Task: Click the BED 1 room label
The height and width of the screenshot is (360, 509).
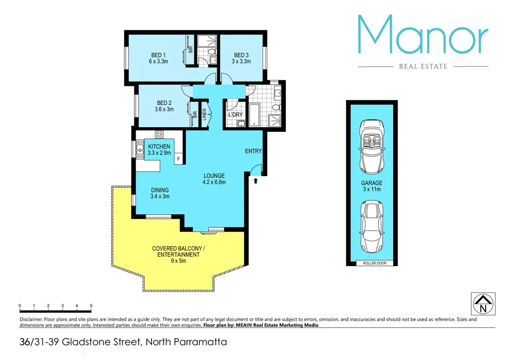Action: (x=158, y=55)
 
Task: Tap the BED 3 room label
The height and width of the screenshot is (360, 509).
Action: (x=241, y=55)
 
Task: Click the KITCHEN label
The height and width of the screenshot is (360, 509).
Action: (x=159, y=147)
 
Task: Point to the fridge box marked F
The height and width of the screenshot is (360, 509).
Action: (x=177, y=159)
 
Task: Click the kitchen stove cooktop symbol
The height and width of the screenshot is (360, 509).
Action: (x=160, y=134)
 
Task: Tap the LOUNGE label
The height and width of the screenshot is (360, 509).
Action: (x=214, y=176)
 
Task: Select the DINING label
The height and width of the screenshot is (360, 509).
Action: (x=160, y=190)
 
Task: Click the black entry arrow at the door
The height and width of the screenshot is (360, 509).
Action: (x=256, y=181)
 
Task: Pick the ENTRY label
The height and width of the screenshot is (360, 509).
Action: (x=253, y=151)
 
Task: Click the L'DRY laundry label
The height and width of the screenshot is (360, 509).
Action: (x=235, y=115)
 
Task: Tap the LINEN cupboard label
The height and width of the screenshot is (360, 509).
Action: (x=204, y=115)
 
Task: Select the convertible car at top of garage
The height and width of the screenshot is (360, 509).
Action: (x=372, y=144)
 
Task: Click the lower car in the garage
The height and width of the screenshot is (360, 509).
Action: (x=372, y=226)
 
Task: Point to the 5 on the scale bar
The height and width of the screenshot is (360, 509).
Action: (x=91, y=306)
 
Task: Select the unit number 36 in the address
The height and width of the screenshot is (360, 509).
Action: (x=23, y=343)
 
